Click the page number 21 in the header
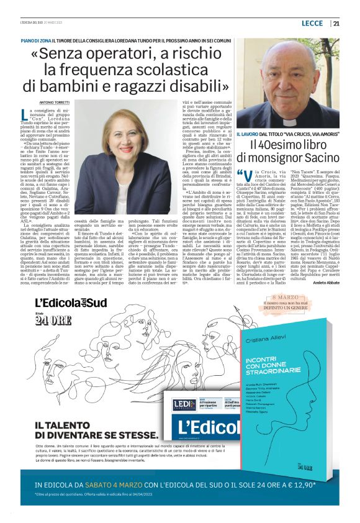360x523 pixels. (336, 24)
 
